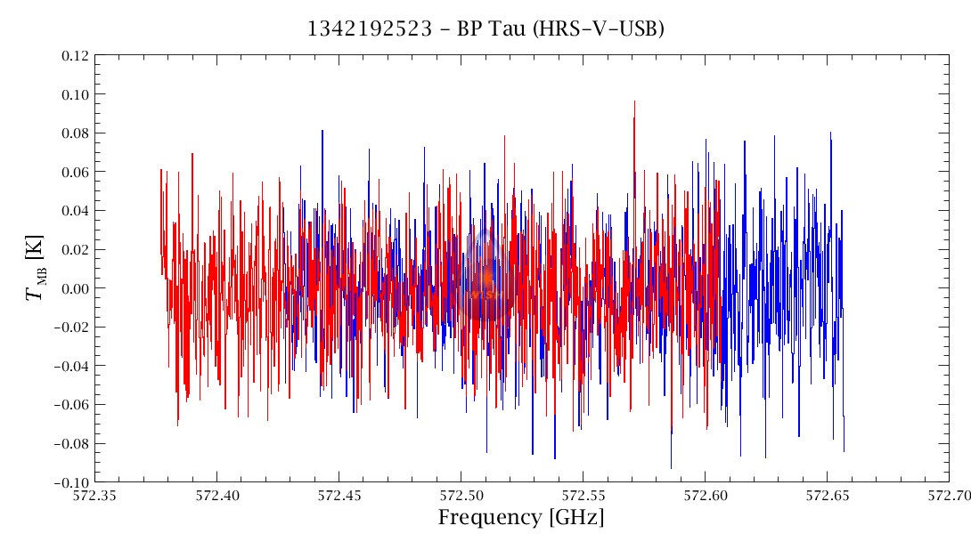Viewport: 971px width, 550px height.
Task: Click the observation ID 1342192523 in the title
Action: [373, 28]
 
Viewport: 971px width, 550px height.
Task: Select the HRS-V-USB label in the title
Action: [601, 28]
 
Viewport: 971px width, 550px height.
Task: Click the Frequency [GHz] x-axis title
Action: [521, 518]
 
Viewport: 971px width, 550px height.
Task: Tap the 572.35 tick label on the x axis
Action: [95, 495]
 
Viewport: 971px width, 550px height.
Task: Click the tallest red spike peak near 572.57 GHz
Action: [634, 101]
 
